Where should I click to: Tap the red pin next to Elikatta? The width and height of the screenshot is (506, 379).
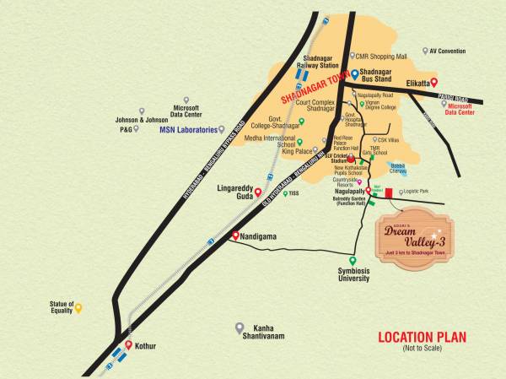coord(433,82)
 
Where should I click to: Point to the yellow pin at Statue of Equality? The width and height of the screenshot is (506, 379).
coord(78,308)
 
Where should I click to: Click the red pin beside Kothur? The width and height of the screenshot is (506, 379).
coord(127,344)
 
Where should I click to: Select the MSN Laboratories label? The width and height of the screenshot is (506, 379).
coord(187,130)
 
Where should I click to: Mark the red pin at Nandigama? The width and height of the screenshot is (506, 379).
coord(235,237)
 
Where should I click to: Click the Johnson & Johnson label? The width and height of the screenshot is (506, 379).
coord(137,120)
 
